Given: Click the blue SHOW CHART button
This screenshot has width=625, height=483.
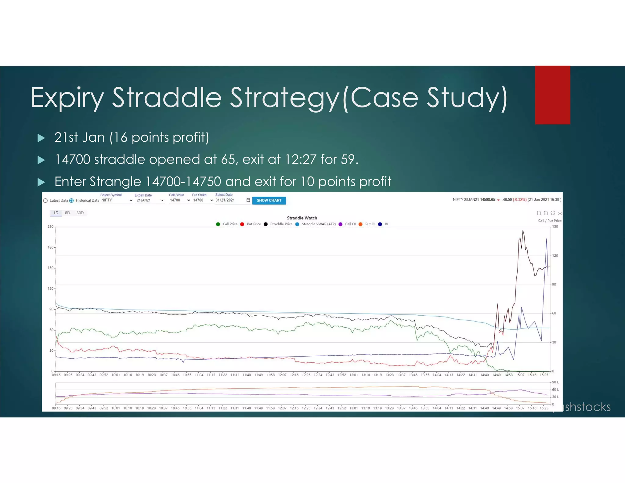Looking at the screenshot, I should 269,200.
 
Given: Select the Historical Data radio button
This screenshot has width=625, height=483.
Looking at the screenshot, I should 71,201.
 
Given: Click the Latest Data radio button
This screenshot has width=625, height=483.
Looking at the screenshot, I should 45,201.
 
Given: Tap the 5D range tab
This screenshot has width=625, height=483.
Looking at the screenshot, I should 67,213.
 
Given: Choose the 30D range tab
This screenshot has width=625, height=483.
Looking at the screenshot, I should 80,213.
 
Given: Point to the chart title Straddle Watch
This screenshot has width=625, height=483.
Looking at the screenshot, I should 302,218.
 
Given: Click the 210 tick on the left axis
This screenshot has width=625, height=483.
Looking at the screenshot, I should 50,227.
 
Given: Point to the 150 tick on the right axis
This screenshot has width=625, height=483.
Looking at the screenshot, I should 555,227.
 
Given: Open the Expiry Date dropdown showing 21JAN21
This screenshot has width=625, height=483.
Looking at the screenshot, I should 150,200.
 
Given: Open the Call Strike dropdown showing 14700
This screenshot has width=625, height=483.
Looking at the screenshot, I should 180,200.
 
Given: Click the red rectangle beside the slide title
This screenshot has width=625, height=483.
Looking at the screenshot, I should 552,95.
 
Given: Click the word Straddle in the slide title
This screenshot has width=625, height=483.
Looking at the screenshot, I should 167,98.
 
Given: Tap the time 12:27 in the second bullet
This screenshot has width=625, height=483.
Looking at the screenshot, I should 301,159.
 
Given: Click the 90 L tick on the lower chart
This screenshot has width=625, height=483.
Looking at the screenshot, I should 555,382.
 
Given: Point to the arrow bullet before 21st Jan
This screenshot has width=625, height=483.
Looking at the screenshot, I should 41,138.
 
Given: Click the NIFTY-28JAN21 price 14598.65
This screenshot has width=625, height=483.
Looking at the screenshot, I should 487,200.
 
